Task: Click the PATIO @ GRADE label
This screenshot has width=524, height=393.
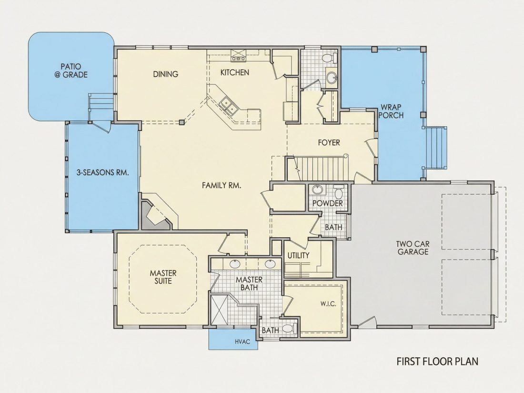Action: point(71,71)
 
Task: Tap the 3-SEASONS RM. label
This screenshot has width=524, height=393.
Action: point(103,173)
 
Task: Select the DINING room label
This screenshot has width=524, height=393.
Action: point(165,74)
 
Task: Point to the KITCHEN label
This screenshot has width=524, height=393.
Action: point(234,72)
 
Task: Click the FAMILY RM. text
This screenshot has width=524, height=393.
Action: point(221,185)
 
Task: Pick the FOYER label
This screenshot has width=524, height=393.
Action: point(329,143)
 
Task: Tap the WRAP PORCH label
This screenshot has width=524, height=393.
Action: point(391,111)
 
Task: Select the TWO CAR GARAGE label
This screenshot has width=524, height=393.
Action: point(413,248)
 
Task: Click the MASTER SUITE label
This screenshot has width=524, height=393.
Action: point(163,277)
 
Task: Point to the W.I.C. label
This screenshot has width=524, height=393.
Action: point(328,304)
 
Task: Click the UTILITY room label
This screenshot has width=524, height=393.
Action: point(298,255)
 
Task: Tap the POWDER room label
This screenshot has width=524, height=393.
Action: point(328,203)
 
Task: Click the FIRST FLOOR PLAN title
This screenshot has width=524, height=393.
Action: point(437,362)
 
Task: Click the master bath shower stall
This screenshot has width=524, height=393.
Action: point(219,309)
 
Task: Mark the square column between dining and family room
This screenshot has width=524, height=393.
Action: point(181,122)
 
